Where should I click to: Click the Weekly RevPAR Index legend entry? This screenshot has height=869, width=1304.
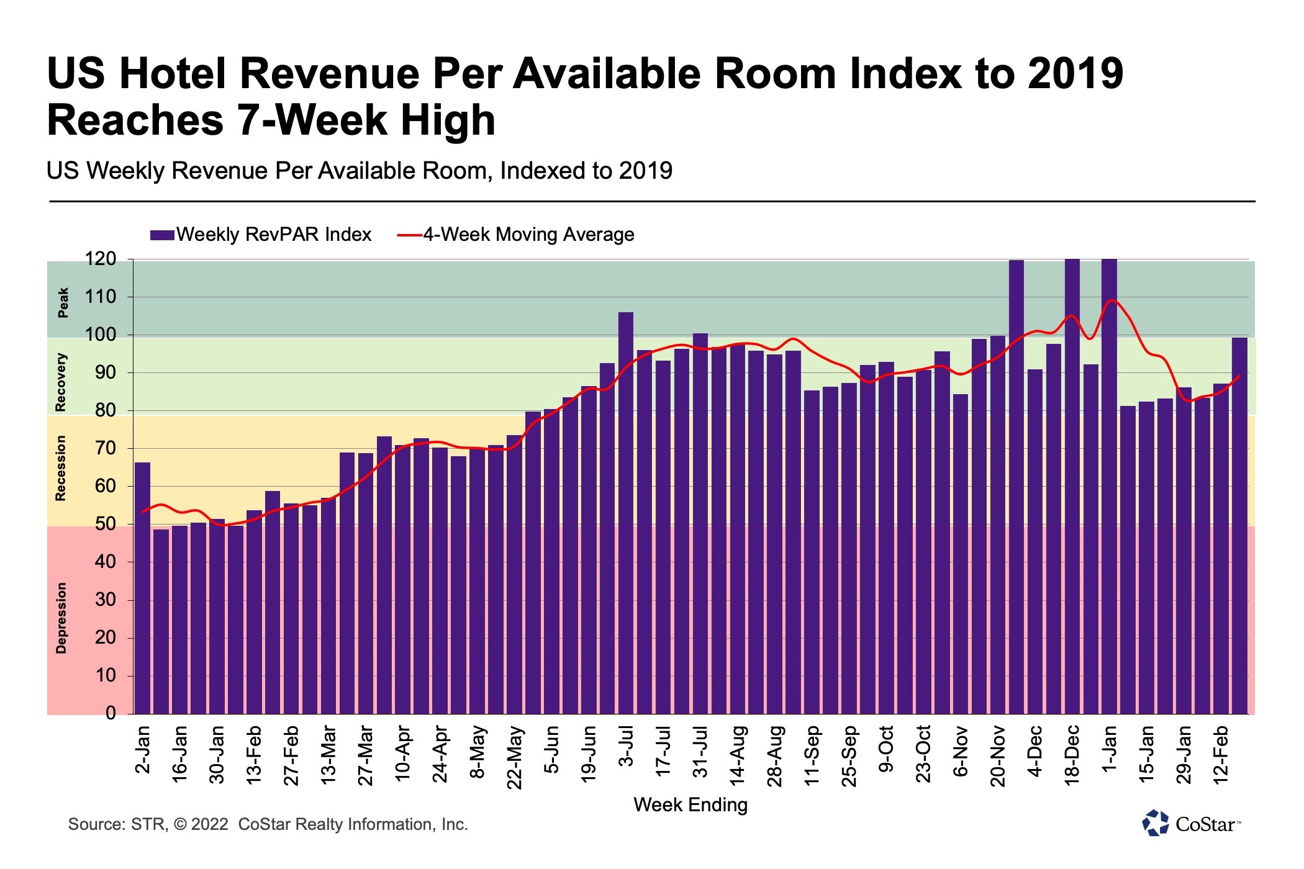tap(261, 235)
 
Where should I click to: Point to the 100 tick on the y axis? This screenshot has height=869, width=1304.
tap(101, 335)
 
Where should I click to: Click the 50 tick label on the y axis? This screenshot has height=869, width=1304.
tap(105, 524)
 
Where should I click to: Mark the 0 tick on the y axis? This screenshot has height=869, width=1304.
tap(111, 713)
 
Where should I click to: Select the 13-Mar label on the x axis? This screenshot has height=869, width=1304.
tap(328, 755)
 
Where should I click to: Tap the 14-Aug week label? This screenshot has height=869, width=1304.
tap(737, 755)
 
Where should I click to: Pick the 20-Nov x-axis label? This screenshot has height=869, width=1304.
tap(997, 755)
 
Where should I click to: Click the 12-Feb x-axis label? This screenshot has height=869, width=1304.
tap(1221, 755)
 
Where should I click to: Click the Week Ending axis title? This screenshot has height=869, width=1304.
tap(690, 805)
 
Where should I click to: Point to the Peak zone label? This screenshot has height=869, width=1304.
tap(63, 302)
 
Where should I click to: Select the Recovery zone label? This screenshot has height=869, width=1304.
tap(60, 382)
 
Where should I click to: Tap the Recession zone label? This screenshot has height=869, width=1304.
tap(60, 468)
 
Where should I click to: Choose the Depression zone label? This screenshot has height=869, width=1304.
tap(61, 618)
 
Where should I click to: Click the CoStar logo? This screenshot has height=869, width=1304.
tap(1191, 824)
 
